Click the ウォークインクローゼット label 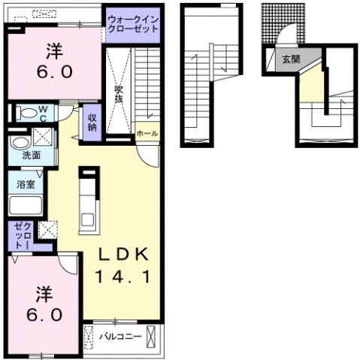[x=132, y=23]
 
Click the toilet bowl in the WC [x=28, y=113]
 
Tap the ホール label [x=147, y=133]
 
